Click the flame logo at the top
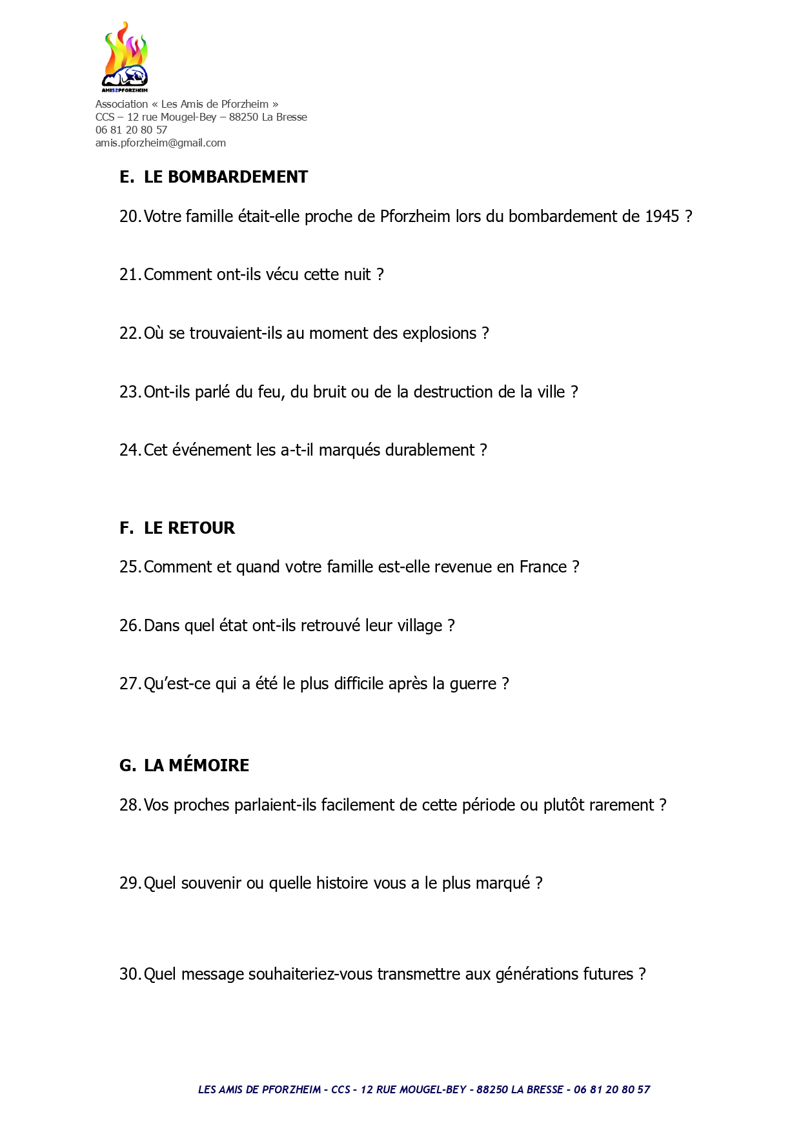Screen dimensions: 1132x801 (125, 57)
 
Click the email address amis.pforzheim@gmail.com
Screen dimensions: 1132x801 (161, 143)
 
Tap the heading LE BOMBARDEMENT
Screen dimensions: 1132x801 (225, 177)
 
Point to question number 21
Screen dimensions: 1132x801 (129, 275)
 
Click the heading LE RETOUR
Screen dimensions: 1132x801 (189, 528)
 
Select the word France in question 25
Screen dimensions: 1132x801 (543, 567)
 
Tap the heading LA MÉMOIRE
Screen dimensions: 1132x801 (196, 765)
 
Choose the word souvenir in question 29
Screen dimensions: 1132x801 (211, 884)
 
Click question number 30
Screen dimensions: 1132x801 (129, 975)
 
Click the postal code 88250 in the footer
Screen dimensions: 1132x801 (492, 1089)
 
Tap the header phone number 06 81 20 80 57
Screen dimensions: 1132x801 (131, 130)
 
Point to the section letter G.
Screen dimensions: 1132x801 (127, 765)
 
